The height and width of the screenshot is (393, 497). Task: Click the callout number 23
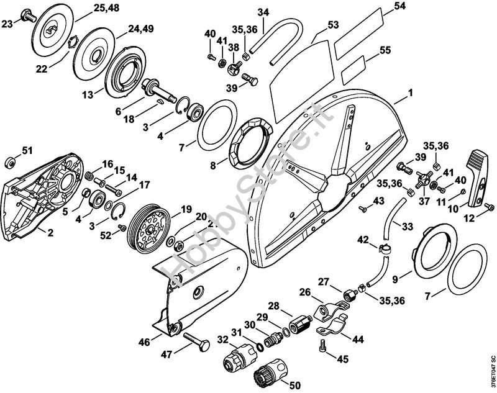point(7,24)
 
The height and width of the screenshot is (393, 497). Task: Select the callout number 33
point(406,226)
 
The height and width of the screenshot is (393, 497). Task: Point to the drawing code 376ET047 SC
point(491,371)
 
